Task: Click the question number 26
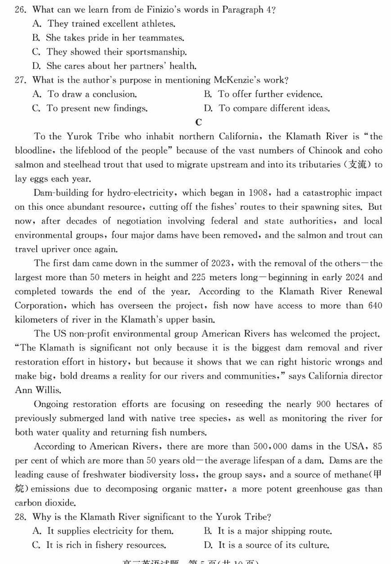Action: click(20, 10)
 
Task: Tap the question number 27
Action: click(20, 80)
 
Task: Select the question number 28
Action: click(20, 517)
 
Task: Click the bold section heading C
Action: click(198, 122)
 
